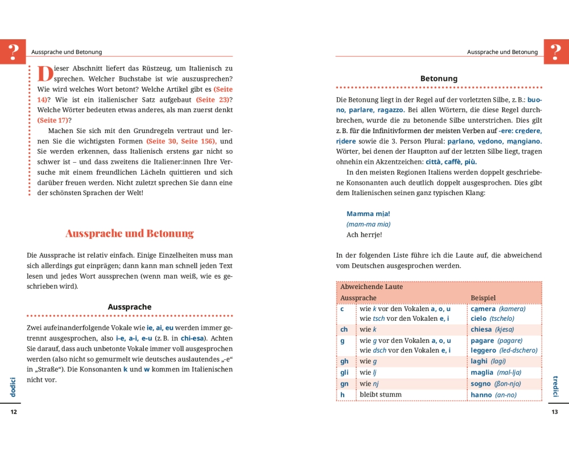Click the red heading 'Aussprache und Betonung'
click(129, 233)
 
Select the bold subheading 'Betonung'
click(439, 78)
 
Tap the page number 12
click(14, 412)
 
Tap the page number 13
click(555, 412)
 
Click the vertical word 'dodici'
click(13, 387)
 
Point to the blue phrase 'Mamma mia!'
click(368, 214)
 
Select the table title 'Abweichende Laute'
click(371, 287)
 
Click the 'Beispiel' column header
click(483, 297)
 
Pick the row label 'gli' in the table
click(345, 373)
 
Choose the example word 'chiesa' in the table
click(481, 329)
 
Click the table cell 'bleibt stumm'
click(381, 394)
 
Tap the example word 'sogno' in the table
click(481, 383)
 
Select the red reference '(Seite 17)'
click(52, 120)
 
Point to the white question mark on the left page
click(13, 51)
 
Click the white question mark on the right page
click(556, 51)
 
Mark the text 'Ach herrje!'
click(364, 234)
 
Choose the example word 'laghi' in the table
click(479, 361)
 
